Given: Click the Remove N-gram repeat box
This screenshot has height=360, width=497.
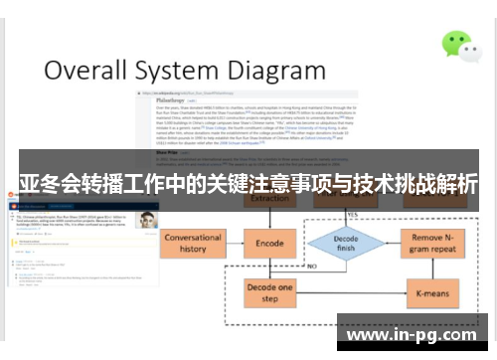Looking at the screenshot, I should click(x=435, y=244).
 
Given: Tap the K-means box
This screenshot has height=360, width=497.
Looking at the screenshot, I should click(x=435, y=294).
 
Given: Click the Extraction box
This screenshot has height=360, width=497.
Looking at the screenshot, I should click(x=269, y=199).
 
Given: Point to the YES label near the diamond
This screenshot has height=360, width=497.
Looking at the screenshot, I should click(x=352, y=214).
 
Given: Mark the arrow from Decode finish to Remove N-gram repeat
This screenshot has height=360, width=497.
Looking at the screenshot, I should click(x=392, y=244).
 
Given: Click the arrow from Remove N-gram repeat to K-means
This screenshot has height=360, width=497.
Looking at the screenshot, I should click(x=435, y=270).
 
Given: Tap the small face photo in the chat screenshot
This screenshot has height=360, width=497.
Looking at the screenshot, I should click(x=147, y=220).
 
